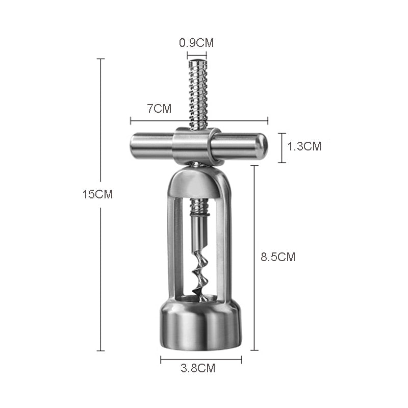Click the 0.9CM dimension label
[196, 43]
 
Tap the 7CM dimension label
[159, 109]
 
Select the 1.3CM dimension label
[304, 146]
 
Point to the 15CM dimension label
[97, 194]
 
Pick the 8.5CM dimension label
[278, 257]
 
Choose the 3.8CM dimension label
[198, 368]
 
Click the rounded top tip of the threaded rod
[197, 62]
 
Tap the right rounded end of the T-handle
[263, 146]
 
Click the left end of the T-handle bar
[133, 146]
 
